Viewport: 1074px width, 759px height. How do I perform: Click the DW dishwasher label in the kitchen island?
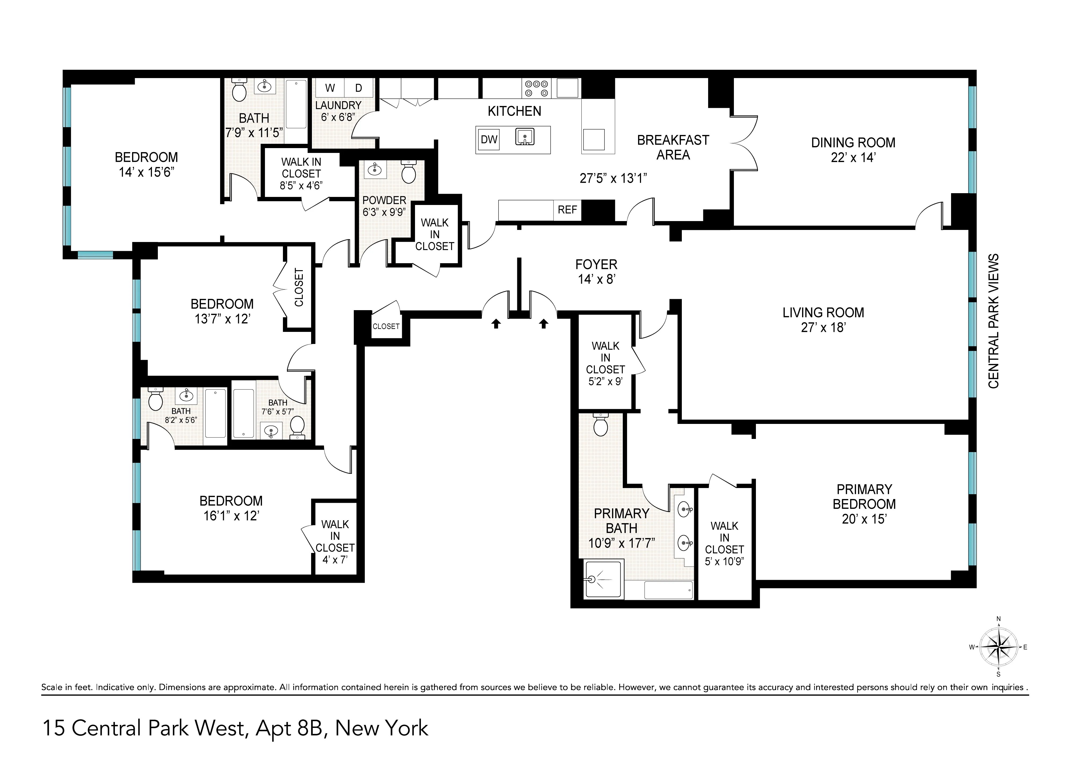click(489, 139)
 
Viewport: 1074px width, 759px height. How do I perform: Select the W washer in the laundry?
click(330, 88)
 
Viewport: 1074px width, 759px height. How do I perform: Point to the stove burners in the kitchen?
click(537, 88)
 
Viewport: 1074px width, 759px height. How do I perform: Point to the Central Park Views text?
click(993, 321)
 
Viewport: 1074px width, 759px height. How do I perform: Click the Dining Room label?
click(853, 143)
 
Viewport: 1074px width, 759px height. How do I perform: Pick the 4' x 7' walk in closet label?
click(334, 559)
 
